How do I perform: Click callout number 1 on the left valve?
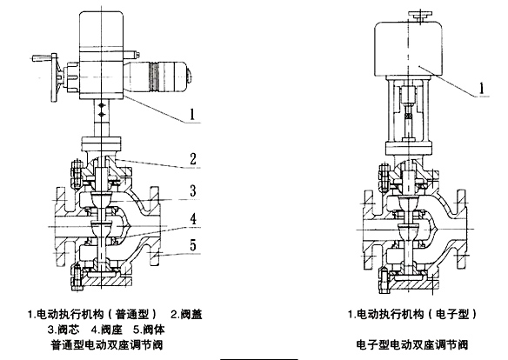192,114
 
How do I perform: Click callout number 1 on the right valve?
482,88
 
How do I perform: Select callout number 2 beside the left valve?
193,158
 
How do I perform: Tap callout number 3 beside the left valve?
193,190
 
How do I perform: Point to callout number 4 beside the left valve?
193,219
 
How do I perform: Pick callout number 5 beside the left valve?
193,245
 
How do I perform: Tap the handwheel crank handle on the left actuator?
41,58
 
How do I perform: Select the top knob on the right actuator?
420,16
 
